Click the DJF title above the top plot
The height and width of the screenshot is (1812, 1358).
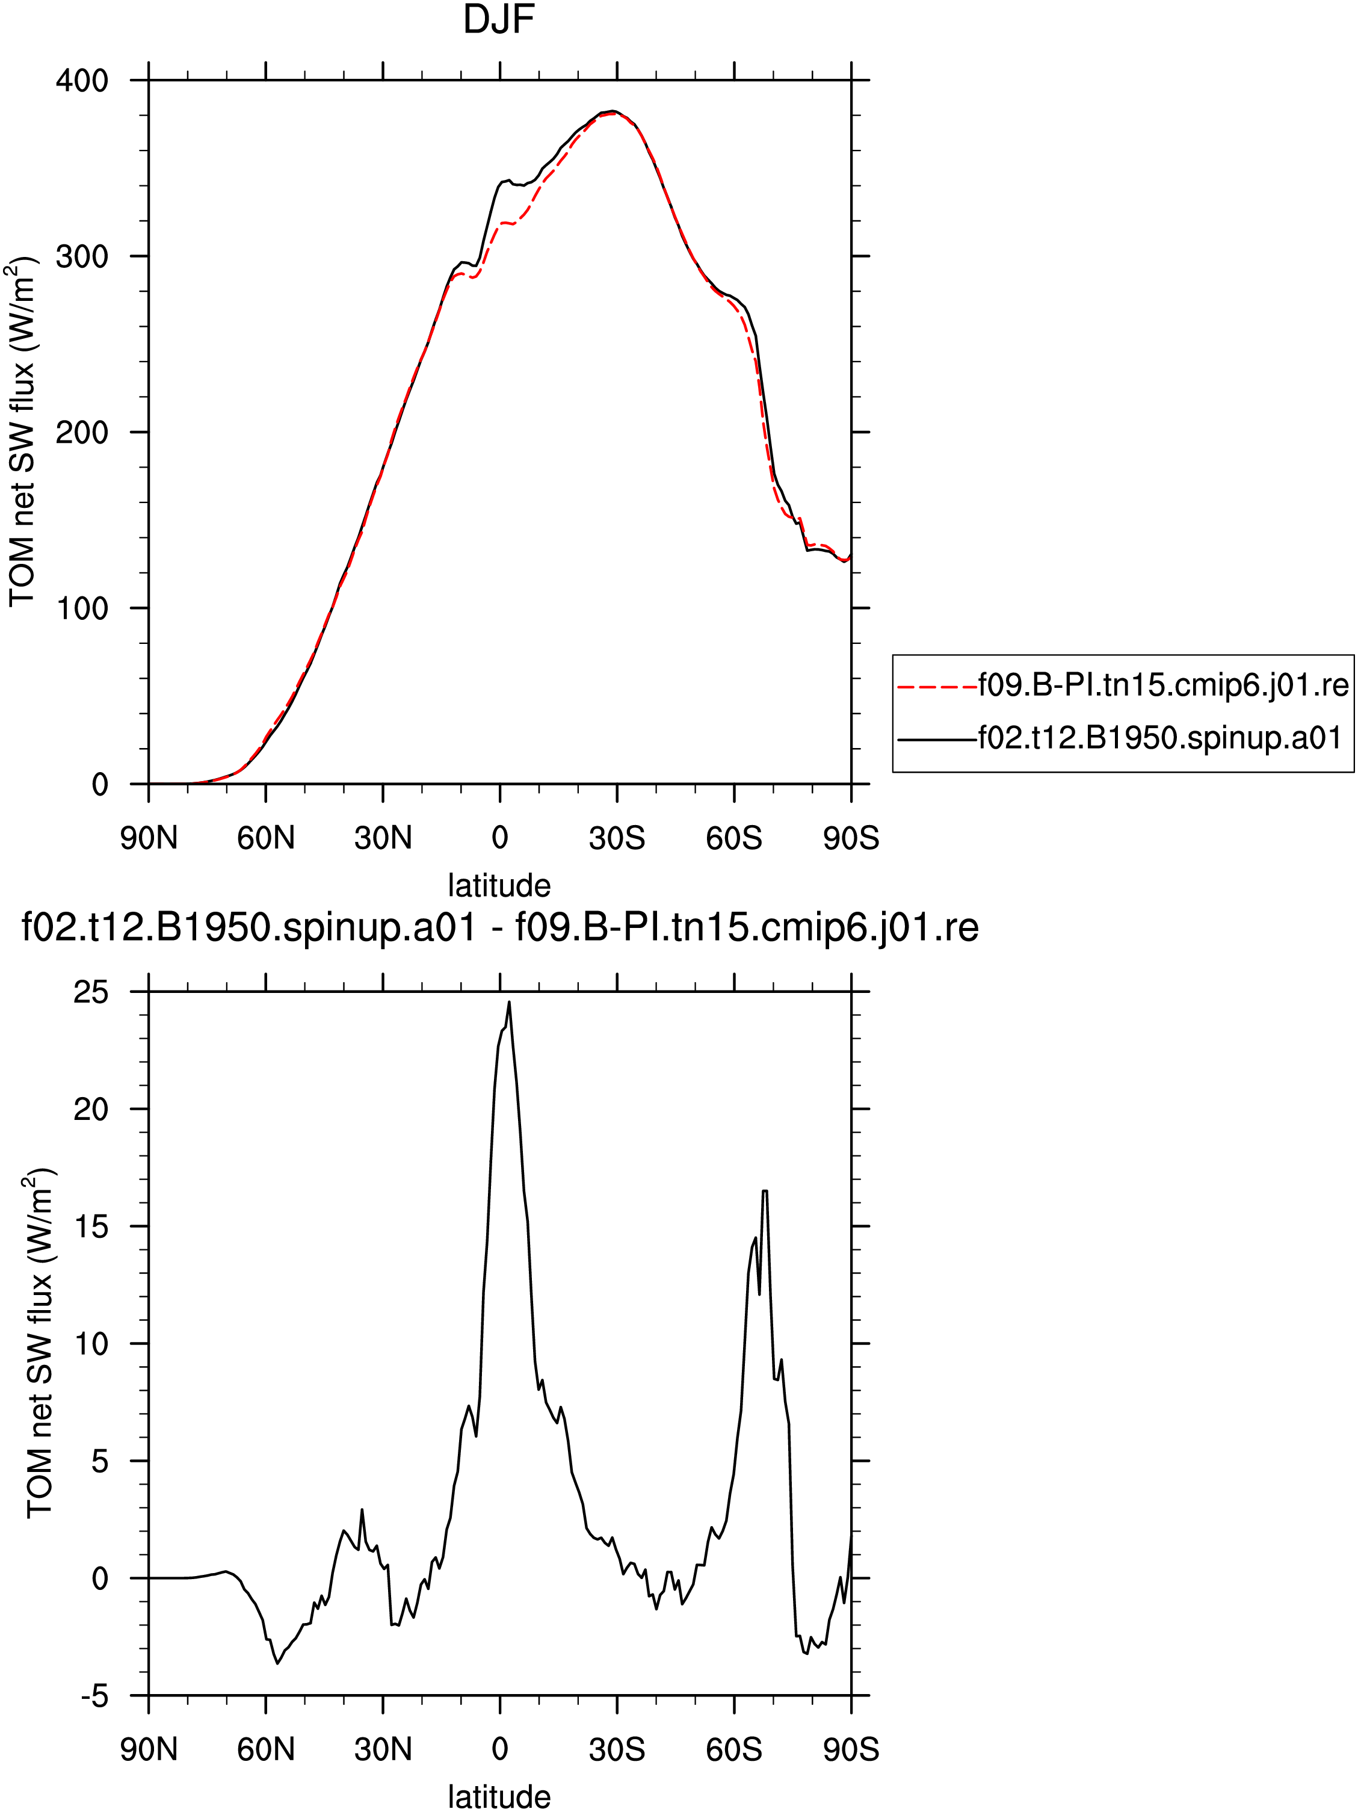coord(499,20)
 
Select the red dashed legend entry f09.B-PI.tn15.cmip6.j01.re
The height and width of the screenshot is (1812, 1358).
coord(1123,685)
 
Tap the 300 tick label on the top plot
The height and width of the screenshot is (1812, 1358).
coord(82,256)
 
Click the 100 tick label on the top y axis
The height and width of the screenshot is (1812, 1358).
coord(82,608)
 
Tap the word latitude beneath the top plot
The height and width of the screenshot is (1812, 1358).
coord(499,885)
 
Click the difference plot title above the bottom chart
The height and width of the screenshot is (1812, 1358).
coord(499,928)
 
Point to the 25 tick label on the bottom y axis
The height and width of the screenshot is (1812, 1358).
coord(91,992)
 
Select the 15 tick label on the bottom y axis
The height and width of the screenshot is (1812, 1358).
coord(91,1226)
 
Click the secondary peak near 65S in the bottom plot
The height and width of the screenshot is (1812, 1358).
coord(765,1191)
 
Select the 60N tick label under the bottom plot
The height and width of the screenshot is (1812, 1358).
coord(265,1751)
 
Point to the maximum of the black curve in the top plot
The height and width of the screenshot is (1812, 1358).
coord(613,111)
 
